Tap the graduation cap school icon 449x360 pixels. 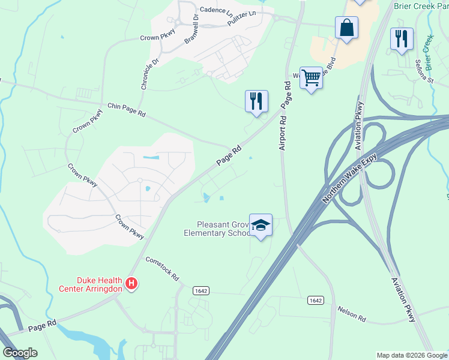point(261,226)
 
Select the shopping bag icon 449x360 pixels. point(346,28)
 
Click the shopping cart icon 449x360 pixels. point(310,78)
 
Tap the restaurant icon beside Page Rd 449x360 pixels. point(256,101)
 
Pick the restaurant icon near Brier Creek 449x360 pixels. point(401,39)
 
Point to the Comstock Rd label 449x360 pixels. point(163,269)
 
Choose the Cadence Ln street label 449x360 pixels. point(216,10)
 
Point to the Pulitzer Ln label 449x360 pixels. point(244,16)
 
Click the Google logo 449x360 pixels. point(19,353)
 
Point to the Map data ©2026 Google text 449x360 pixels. point(411,355)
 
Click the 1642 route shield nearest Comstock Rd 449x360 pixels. point(201,290)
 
